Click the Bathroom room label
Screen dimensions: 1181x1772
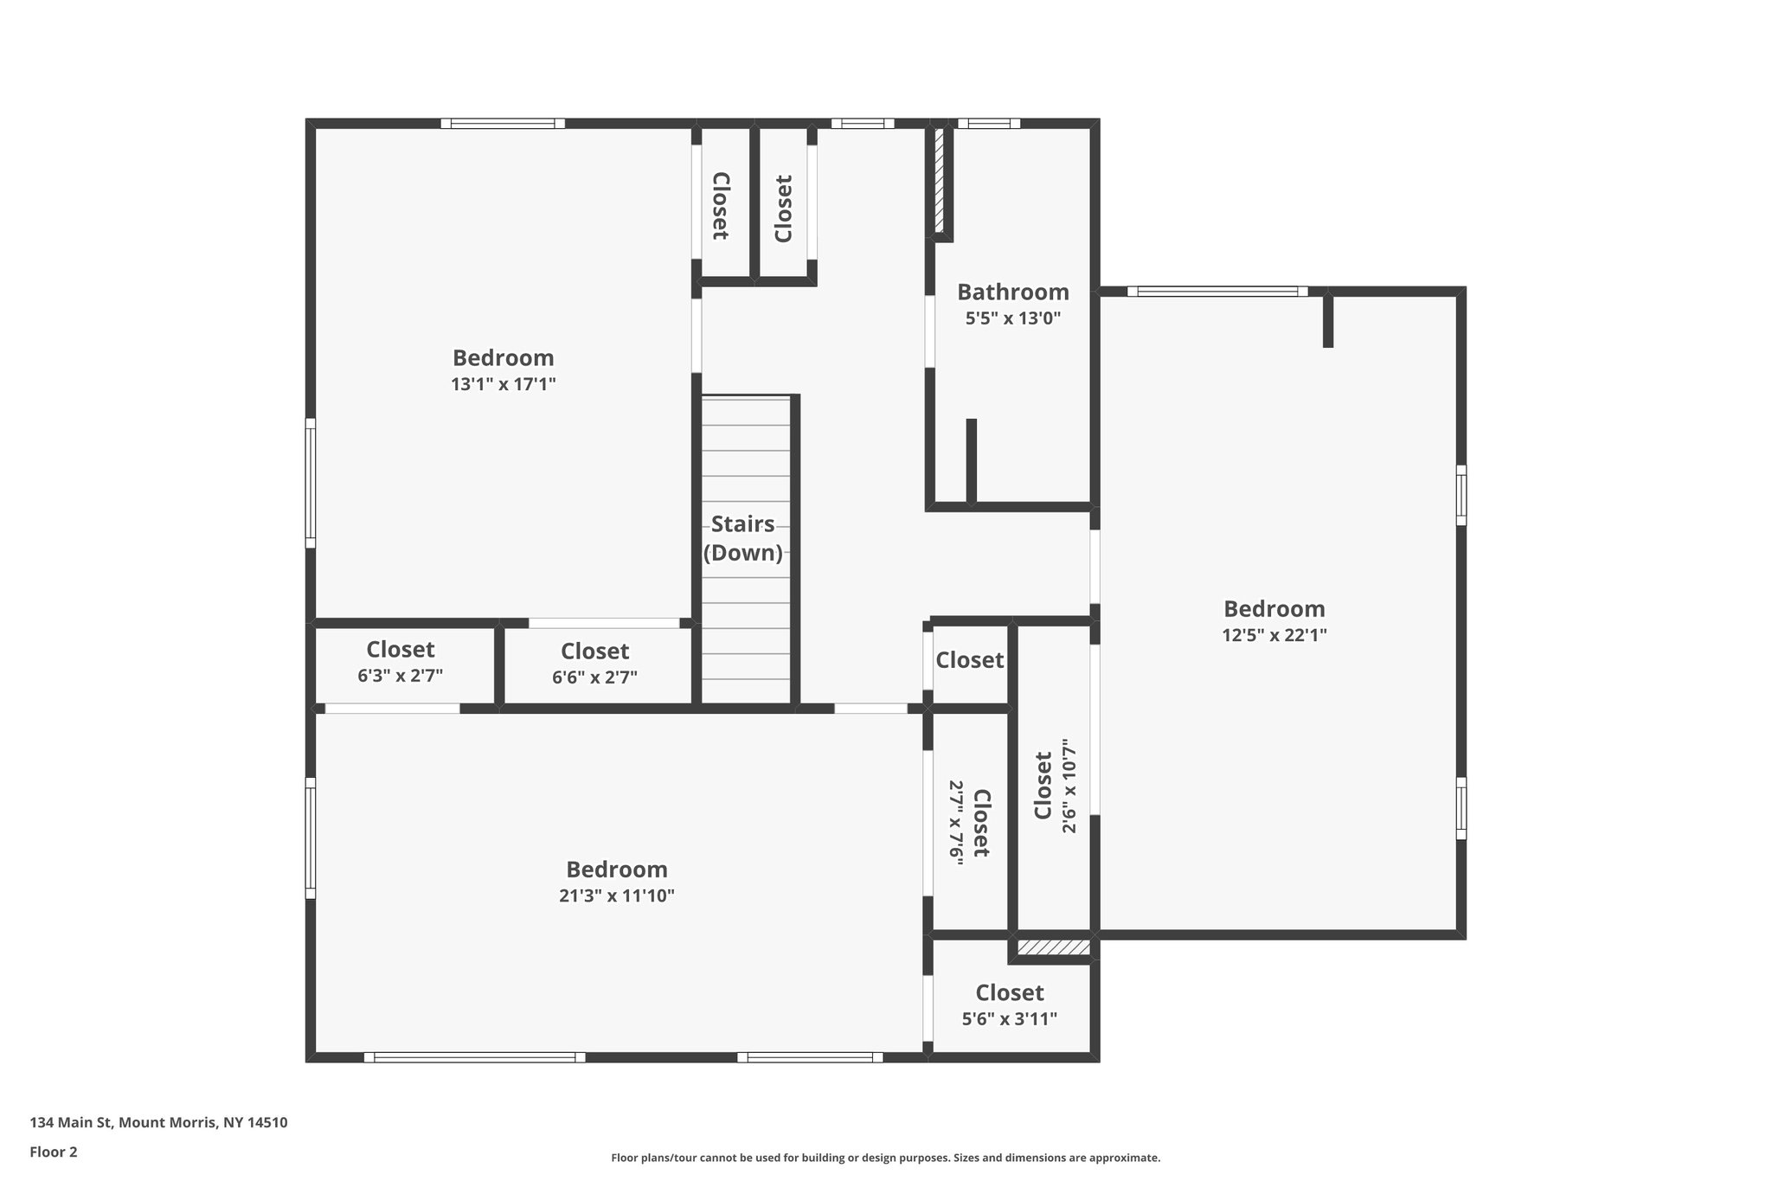[1012, 292]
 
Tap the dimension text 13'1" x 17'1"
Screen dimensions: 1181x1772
[503, 384]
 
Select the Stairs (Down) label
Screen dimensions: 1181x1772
[742, 538]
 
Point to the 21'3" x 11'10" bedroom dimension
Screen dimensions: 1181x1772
[616, 896]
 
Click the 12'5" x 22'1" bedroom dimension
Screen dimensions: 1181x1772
[1274, 635]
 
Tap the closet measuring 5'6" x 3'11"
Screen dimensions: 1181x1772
[1010, 1006]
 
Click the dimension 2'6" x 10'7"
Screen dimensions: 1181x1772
[1069, 786]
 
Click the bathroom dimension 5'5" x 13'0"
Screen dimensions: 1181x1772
[1012, 318]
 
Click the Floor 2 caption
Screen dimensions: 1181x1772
[54, 1152]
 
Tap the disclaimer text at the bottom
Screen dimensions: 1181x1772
[885, 1158]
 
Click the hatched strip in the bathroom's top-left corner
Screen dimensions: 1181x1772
[940, 180]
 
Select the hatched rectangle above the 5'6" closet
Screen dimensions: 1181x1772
[1053, 948]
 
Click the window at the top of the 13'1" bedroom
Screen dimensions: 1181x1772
[503, 124]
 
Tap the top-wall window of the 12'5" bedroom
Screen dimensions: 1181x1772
[1217, 292]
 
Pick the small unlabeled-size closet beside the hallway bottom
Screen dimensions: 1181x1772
[969, 661]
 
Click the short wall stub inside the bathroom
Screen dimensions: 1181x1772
[971, 460]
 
